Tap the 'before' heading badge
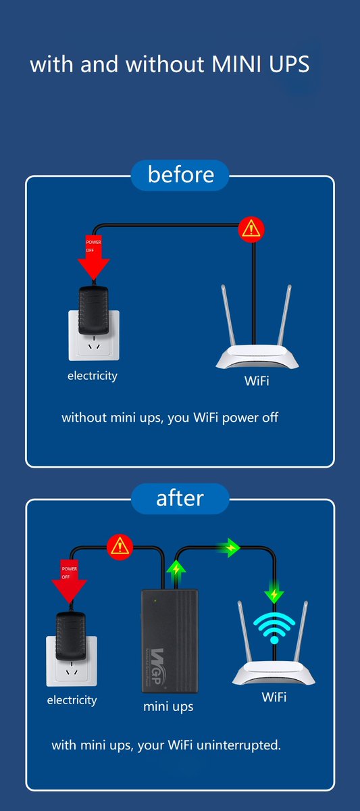[180, 175]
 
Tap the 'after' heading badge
[180, 498]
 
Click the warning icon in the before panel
[253, 229]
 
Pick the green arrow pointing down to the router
[274, 595]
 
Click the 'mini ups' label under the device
[168, 707]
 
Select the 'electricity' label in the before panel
[92, 376]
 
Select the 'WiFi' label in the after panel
[274, 697]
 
